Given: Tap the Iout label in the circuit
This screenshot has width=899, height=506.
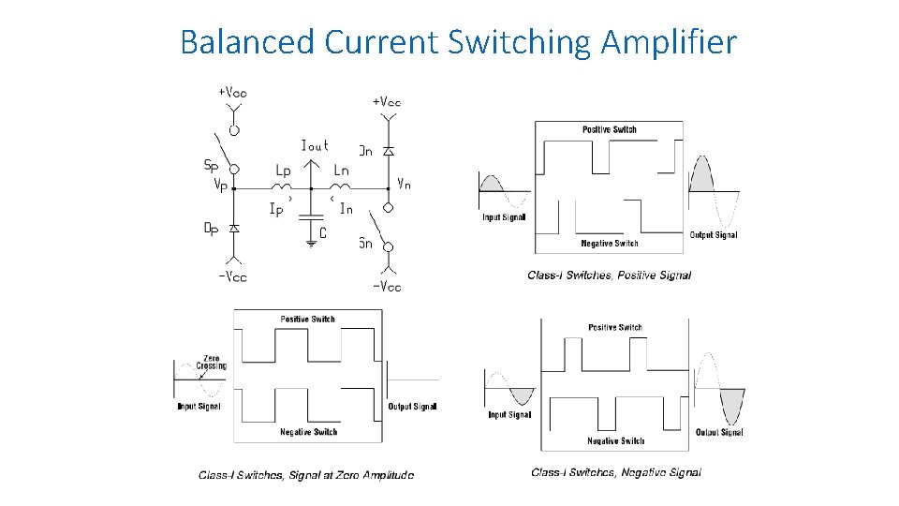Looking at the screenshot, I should pos(315,145).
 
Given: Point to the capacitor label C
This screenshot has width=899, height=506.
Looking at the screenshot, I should pos(323,232).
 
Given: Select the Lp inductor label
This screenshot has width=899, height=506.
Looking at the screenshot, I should pos(283,171).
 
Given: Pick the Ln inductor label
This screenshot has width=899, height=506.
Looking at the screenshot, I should pos(342,171).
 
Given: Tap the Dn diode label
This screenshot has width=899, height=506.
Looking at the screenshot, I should pos(366,150).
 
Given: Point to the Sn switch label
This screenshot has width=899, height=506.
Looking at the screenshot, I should pos(366,244).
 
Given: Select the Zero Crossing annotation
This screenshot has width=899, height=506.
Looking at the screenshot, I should pos(212,362).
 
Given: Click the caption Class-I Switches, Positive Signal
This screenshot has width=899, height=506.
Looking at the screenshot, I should pos(609,275).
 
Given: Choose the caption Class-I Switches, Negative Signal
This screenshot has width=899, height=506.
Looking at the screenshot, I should pos(615,472).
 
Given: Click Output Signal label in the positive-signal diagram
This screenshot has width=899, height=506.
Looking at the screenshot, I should pos(714,235).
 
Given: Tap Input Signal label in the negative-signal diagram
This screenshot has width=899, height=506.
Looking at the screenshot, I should pos(509,414).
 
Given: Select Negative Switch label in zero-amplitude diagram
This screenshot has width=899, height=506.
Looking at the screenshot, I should pos(308,432).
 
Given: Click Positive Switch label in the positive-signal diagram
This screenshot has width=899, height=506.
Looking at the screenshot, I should pos(609,129).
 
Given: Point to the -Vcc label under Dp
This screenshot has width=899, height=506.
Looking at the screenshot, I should pos(233,276).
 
